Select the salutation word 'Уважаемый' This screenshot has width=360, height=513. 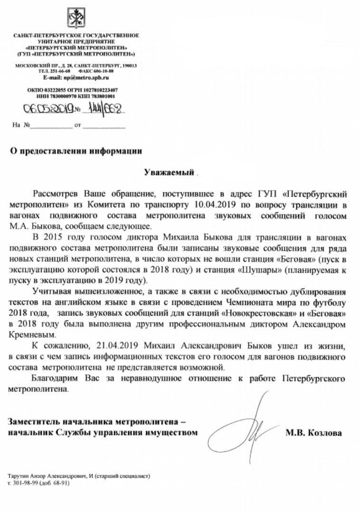[170, 171]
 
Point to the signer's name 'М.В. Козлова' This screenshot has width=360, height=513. [313, 433]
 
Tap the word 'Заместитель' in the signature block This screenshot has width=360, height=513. [32, 422]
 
